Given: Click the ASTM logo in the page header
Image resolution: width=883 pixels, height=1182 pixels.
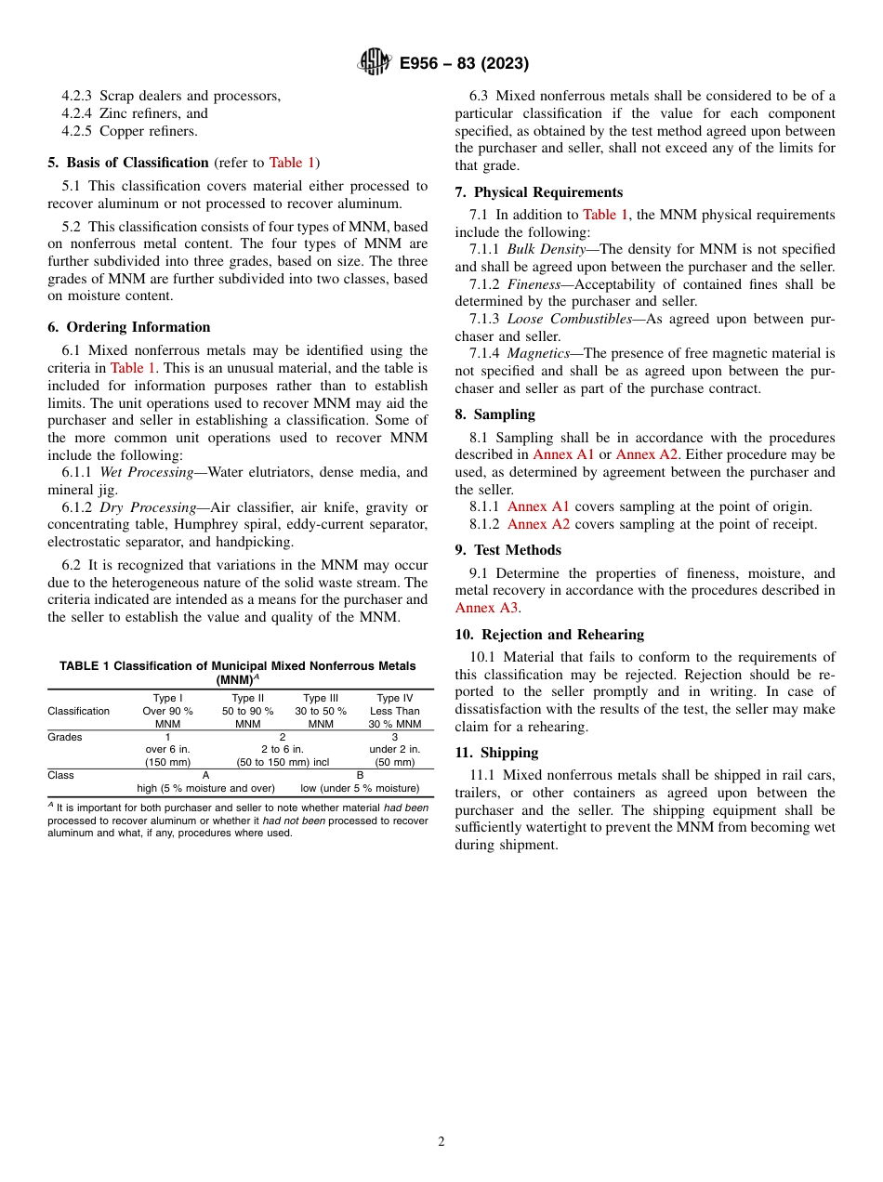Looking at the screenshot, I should point(375,63).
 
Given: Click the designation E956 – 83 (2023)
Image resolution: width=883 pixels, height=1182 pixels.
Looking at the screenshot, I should point(464,63).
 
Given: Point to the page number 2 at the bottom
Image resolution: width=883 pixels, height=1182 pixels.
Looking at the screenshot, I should point(441,1142).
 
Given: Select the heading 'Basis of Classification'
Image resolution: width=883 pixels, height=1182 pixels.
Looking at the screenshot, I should point(138,163).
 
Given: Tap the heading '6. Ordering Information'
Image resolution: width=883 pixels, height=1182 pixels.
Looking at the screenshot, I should point(129,327).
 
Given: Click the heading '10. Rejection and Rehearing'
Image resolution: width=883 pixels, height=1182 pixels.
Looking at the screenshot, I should point(549,635).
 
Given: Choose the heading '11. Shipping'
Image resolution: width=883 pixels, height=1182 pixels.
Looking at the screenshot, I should point(496,753).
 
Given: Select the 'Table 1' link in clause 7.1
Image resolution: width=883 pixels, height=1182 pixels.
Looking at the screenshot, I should point(605,215).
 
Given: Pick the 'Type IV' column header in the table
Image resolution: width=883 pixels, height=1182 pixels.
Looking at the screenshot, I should point(394,698).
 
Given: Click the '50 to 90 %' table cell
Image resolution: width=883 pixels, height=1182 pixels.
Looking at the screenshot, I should point(247,711).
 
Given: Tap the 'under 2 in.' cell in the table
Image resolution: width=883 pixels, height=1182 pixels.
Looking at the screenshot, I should point(394,749).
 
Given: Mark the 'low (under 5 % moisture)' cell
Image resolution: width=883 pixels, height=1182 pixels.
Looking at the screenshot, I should point(360,788).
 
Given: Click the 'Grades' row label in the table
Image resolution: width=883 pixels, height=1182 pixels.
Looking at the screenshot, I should point(65,737).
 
